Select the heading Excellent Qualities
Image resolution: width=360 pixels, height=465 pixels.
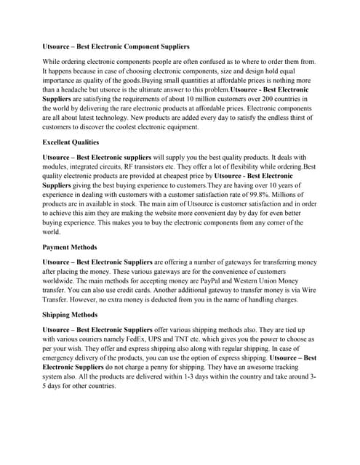coord(69,142)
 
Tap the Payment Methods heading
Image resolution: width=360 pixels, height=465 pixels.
coord(68,247)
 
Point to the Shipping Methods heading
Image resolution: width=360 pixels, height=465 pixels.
coord(69,315)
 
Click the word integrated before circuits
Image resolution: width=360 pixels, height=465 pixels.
coord(86,167)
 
